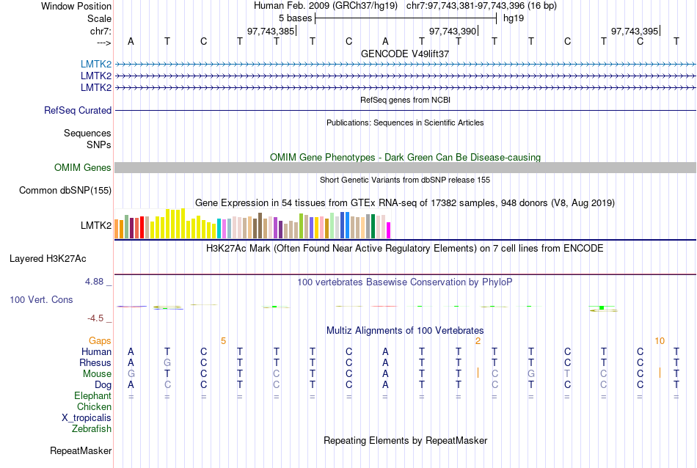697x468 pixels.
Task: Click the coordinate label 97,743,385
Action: pos(271,31)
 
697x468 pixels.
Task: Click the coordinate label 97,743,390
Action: pos(453,31)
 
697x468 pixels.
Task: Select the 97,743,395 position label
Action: pos(635,31)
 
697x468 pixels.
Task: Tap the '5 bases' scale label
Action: pos(295,18)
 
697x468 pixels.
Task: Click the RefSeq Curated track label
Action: pos(78,110)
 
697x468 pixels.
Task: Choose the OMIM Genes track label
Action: pos(83,168)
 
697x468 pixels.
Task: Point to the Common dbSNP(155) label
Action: pos(65,191)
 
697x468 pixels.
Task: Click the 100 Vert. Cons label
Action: pos(42,300)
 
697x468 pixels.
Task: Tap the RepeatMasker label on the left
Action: pos(81,450)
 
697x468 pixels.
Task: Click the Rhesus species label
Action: pos(96,363)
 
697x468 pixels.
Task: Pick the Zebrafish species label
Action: pos(92,429)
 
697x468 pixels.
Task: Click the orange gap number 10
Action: pos(660,341)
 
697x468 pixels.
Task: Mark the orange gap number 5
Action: pos(223,341)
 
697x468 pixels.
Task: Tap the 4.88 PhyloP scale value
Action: pos(96,282)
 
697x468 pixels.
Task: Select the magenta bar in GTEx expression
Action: pos(389,230)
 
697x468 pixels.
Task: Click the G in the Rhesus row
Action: pos(167,363)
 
